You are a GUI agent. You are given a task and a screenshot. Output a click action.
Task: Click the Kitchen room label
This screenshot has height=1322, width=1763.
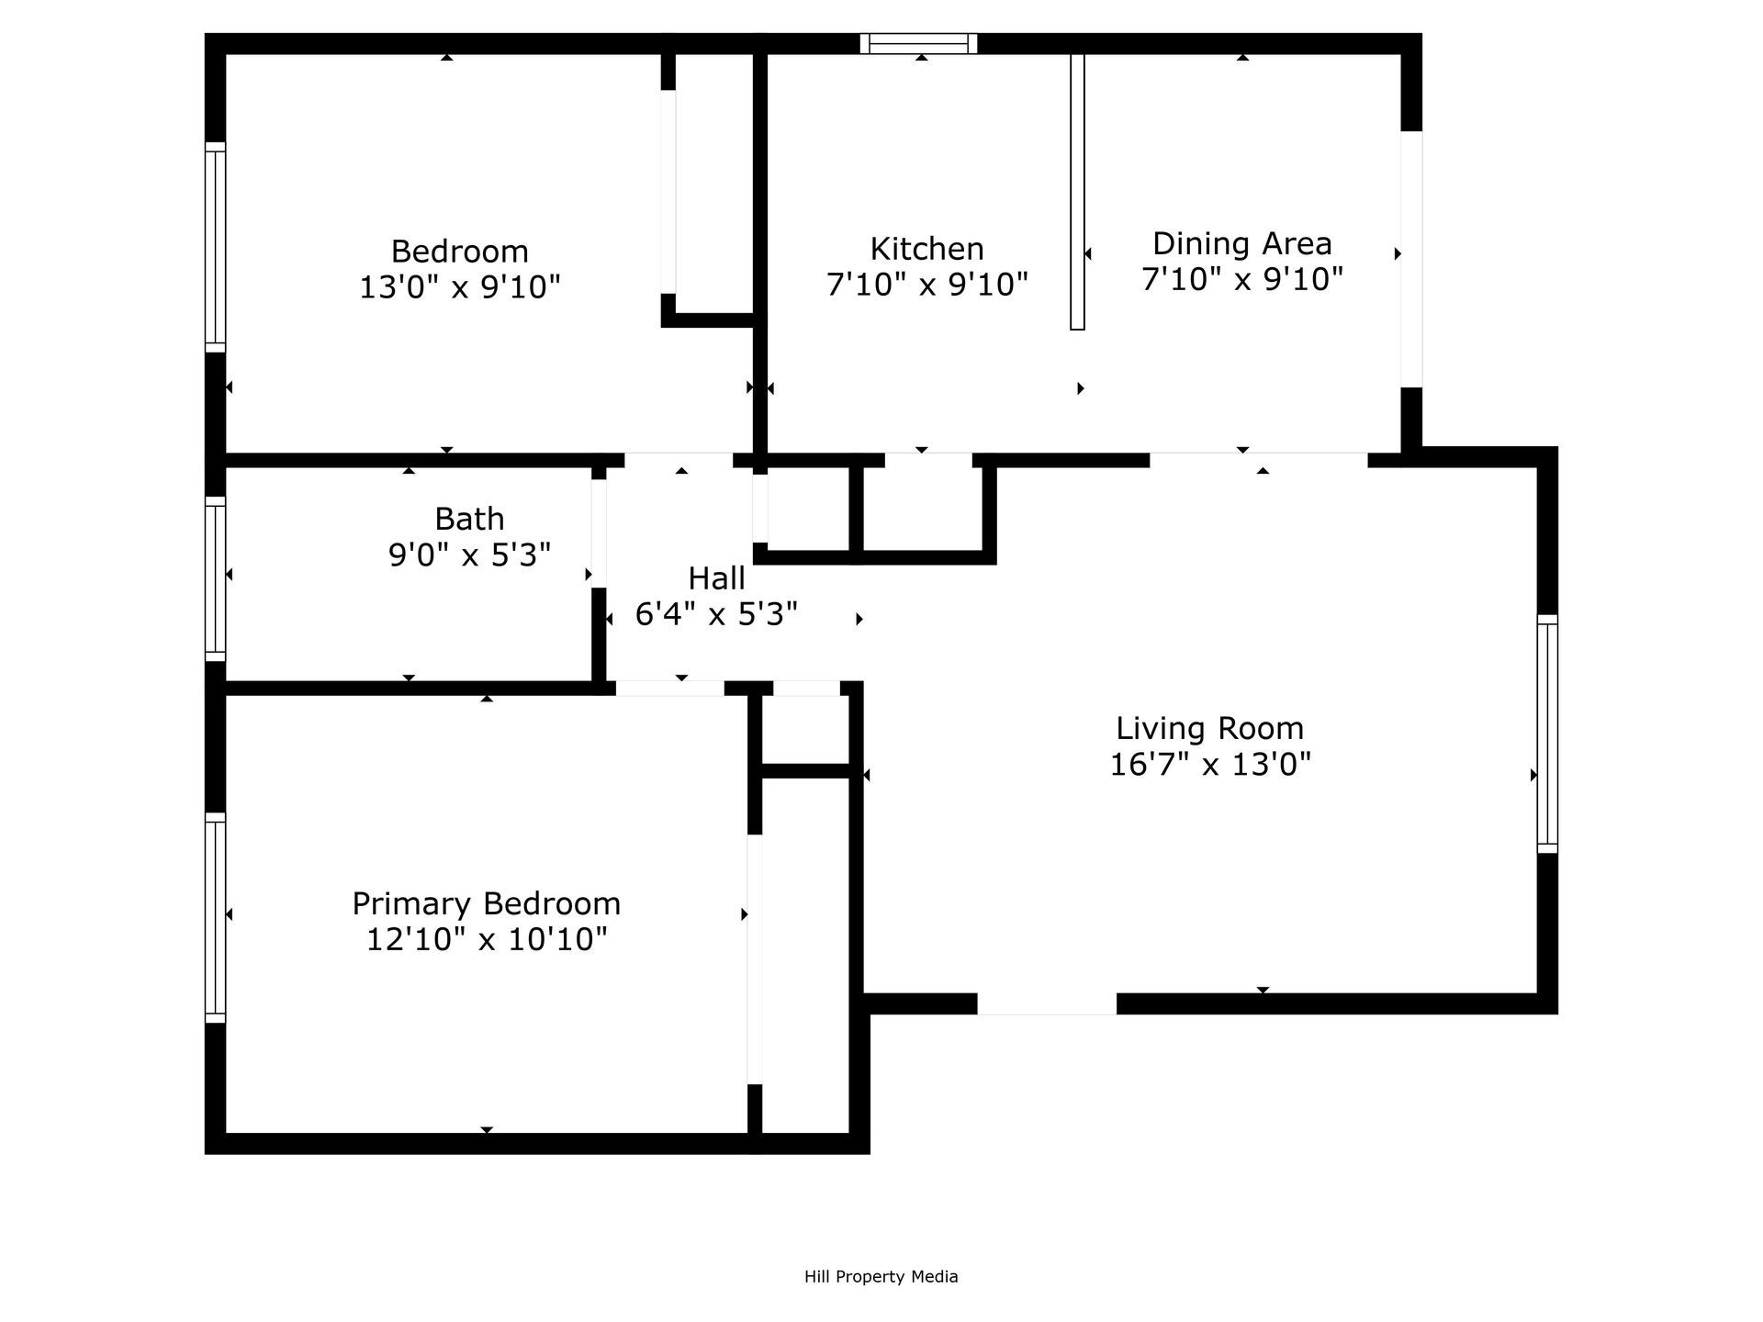[926, 249]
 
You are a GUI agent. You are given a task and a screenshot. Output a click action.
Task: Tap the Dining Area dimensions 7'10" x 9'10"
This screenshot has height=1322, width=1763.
[1242, 279]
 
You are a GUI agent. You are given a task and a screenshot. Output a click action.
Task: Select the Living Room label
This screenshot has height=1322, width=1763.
[1209, 728]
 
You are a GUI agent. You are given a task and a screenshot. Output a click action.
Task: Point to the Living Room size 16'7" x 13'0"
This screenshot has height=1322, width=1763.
[1209, 764]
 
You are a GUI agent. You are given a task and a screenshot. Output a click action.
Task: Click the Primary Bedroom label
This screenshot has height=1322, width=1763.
[486, 903]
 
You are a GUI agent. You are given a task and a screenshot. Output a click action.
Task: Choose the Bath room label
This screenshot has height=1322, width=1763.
[469, 519]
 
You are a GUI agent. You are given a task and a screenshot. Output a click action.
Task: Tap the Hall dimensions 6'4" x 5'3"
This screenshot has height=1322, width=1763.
[716, 614]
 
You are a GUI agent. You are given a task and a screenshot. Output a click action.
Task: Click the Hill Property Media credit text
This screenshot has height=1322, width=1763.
[881, 1276]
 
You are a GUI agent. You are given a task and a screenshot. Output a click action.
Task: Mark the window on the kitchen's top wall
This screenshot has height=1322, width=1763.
[919, 43]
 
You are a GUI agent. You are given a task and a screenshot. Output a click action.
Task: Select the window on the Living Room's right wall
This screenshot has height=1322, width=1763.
[1547, 734]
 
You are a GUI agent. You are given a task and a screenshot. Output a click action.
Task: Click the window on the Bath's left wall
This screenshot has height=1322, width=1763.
[215, 578]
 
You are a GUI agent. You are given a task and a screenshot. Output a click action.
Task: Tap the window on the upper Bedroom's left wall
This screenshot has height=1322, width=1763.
[215, 247]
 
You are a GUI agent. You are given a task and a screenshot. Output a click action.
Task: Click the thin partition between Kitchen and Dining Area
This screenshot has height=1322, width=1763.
[1077, 191]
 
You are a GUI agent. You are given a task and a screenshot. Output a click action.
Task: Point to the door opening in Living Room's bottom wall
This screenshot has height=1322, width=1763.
[1047, 1003]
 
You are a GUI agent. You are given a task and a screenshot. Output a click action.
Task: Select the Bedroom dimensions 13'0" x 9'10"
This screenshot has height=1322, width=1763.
[459, 287]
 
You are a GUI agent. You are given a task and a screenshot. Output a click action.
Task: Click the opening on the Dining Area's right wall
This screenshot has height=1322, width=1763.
[1411, 259]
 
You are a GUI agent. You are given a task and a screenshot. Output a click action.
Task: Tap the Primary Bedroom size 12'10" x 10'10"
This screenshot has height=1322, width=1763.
[487, 939]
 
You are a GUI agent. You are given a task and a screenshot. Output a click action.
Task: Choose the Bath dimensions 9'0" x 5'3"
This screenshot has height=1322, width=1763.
[469, 555]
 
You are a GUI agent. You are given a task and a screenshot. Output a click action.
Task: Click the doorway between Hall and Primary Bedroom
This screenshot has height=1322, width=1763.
[669, 688]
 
